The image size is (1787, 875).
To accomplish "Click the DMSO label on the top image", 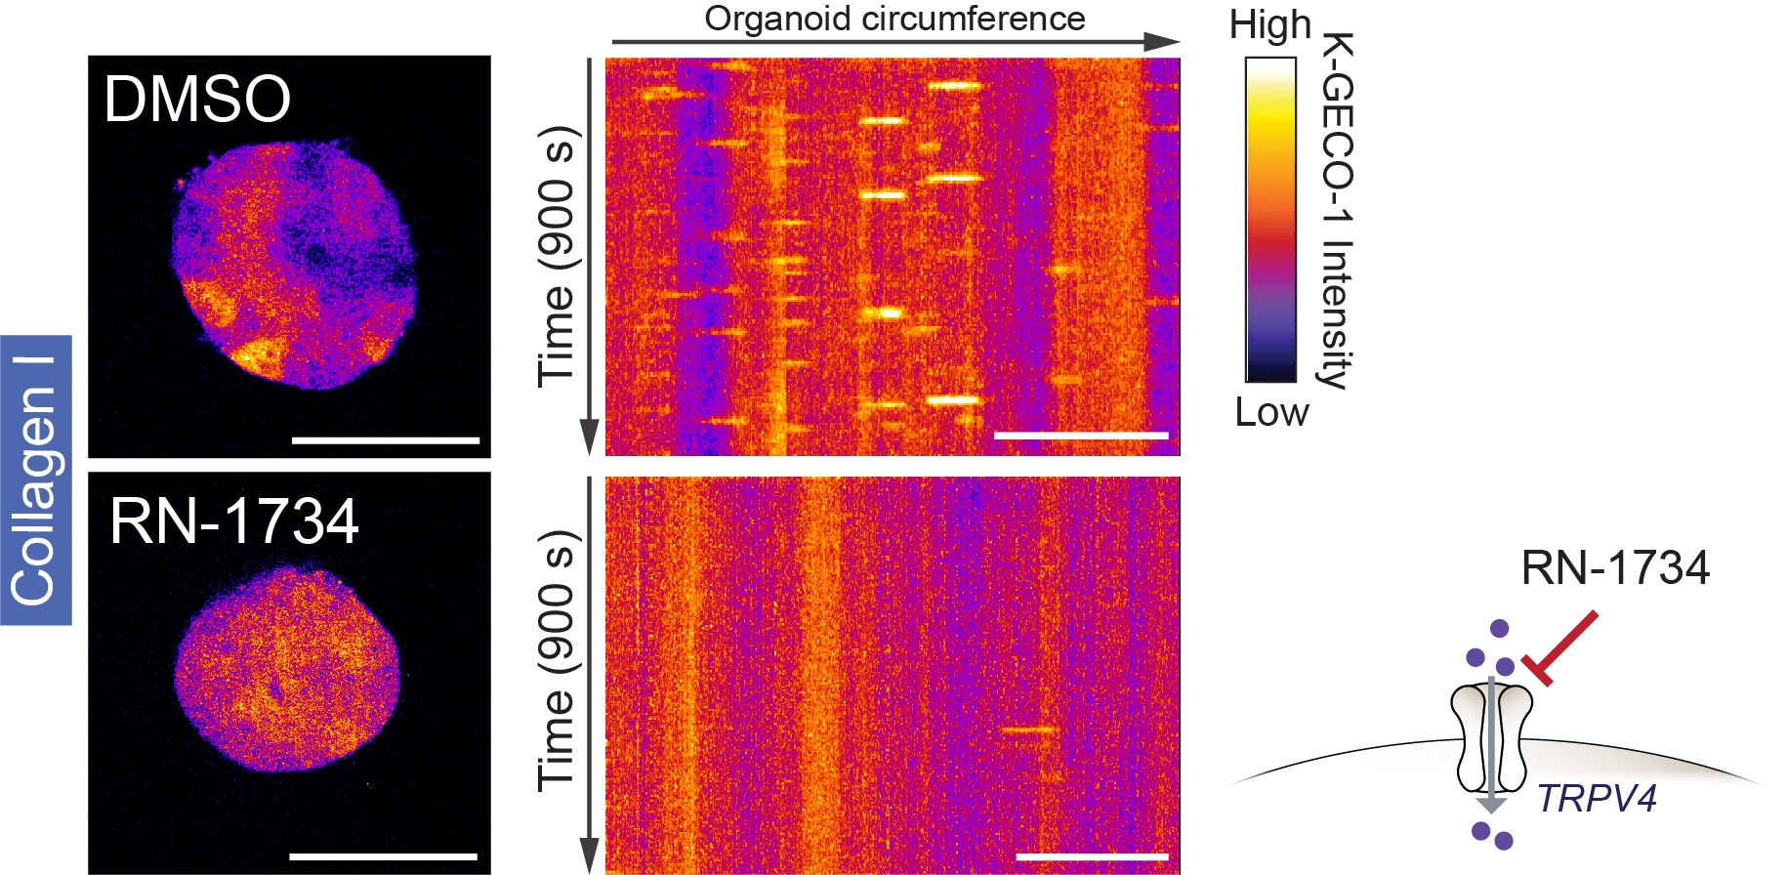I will click(197, 99).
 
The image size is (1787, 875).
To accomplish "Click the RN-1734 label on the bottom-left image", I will click(234, 521).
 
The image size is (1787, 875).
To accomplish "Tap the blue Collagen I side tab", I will click(35, 479).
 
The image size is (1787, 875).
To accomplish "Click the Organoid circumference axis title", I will click(894, 19).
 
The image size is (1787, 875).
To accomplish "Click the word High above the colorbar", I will click(1269, 25).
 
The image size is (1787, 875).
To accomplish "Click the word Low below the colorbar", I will click(1271, 412).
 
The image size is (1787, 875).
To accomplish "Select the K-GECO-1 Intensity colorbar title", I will click(1338, 211).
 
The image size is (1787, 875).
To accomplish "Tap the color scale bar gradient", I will click(1270, 219).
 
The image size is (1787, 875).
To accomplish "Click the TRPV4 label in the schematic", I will click(1598, 799).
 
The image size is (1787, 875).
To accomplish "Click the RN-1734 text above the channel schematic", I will click(1615, 568).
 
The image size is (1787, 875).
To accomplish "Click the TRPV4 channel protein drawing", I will click(1490, 737).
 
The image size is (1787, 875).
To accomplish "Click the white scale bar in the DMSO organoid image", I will click(386, 440).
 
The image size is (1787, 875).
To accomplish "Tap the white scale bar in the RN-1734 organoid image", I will click(384, 856).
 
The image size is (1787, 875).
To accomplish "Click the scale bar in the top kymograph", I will click(1081, 436).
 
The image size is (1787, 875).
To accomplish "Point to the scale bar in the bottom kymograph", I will click(1092, 856).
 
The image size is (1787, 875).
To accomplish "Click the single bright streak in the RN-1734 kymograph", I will click(1029, 729).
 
